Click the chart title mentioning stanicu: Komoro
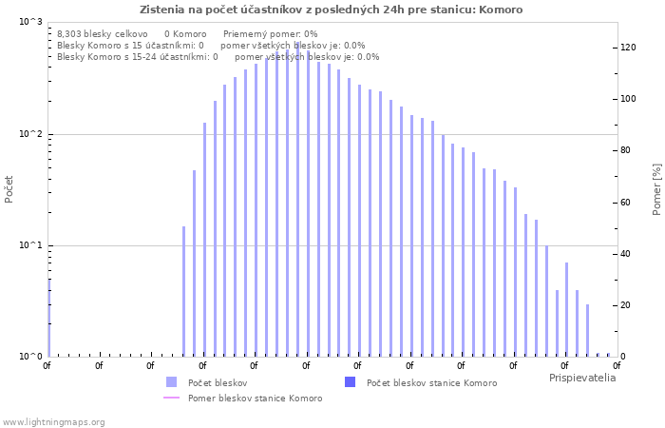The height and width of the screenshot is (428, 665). [332, 10]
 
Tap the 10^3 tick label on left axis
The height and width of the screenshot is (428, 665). [31, 21]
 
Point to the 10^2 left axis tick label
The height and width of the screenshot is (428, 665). [31, 134]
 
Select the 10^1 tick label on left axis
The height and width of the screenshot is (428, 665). [31, 245]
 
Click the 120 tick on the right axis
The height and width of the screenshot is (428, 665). [628, 48]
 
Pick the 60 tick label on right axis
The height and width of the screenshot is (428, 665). [625, 203]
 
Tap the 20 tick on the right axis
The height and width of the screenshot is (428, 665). [625, 305]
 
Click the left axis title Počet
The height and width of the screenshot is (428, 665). [9, 189]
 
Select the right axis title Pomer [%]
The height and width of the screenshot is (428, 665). [656, 189]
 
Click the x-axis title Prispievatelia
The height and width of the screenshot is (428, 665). [582, 378]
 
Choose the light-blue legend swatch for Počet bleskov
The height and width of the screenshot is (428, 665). [171, 381]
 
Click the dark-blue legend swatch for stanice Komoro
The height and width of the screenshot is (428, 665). [350, 381]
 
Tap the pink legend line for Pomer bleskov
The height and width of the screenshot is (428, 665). [171, 398]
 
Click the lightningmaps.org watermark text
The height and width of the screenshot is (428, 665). [53, 422]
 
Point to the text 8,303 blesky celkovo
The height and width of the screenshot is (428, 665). [103, 34]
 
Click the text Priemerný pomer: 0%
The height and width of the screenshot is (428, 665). [271, 34]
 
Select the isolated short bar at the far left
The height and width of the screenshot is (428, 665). [49, 318]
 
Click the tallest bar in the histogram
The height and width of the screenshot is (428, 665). [297, 200]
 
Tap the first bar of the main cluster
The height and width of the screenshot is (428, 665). [183, 291]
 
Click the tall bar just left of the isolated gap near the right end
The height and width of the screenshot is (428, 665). [587, 330]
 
